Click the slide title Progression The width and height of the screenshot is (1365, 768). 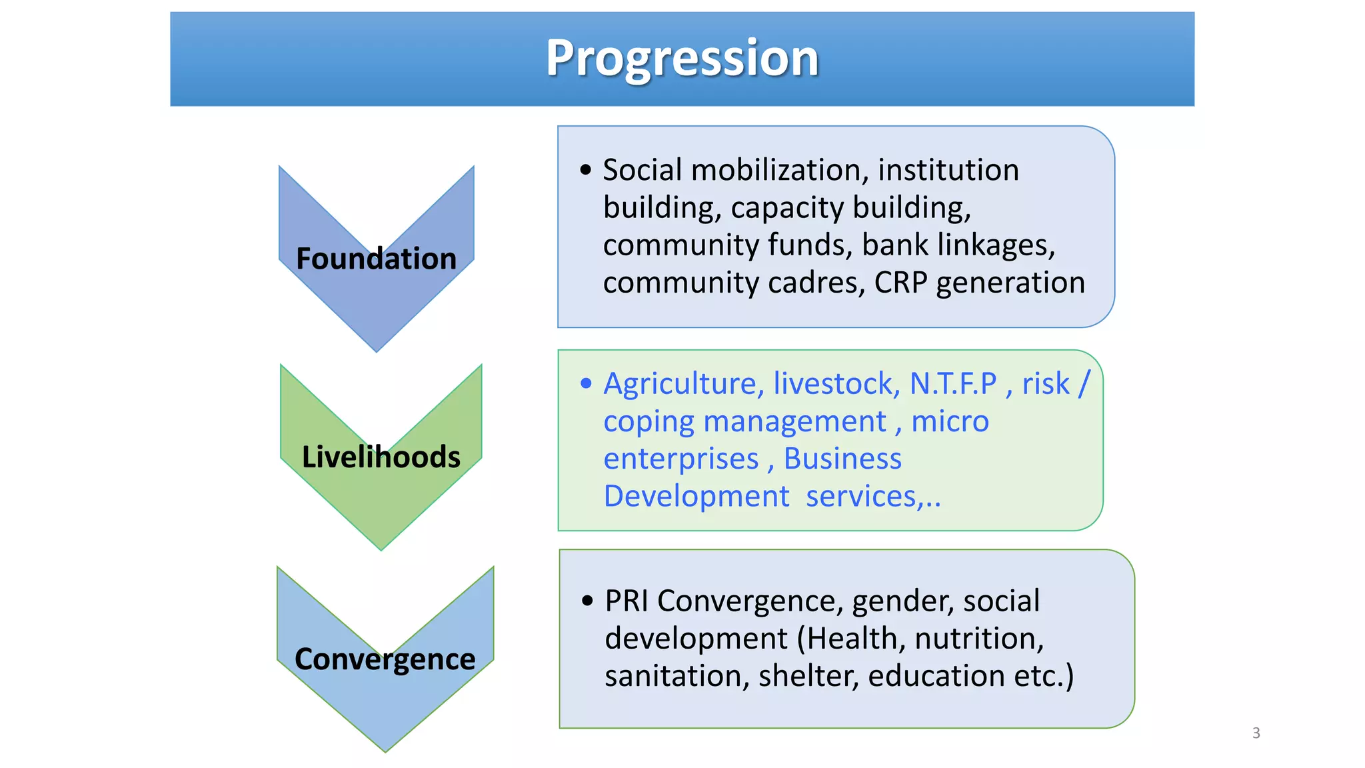[x=682, y=58]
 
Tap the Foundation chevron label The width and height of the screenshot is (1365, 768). [x=376, y=259]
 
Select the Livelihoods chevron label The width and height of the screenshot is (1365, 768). [x=381, y=457]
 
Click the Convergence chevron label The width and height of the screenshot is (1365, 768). [x=385, y=659]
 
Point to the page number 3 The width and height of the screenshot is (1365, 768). [x=1256, y=733]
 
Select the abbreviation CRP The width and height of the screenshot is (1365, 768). [x=900, y=283]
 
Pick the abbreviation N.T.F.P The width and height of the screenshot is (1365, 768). [x=953, y=383]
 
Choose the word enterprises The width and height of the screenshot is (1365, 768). [x=681, y=459]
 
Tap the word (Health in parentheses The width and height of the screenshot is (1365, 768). [x=852, y=639]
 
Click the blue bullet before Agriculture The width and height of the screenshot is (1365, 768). [x=586, y=383]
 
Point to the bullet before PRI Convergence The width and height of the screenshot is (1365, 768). [x=587, y=601]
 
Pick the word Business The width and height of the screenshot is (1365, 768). [x=842, y=459]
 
